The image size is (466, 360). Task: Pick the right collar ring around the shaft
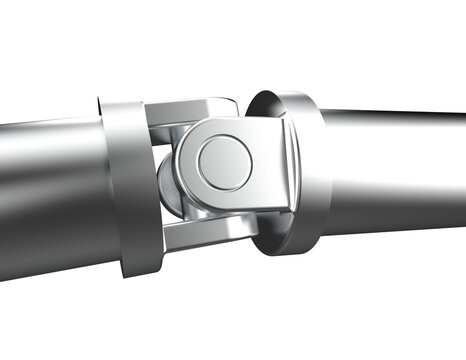(300, 170)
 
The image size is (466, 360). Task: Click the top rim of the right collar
(285, 91)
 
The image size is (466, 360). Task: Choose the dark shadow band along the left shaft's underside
(50, 250)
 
